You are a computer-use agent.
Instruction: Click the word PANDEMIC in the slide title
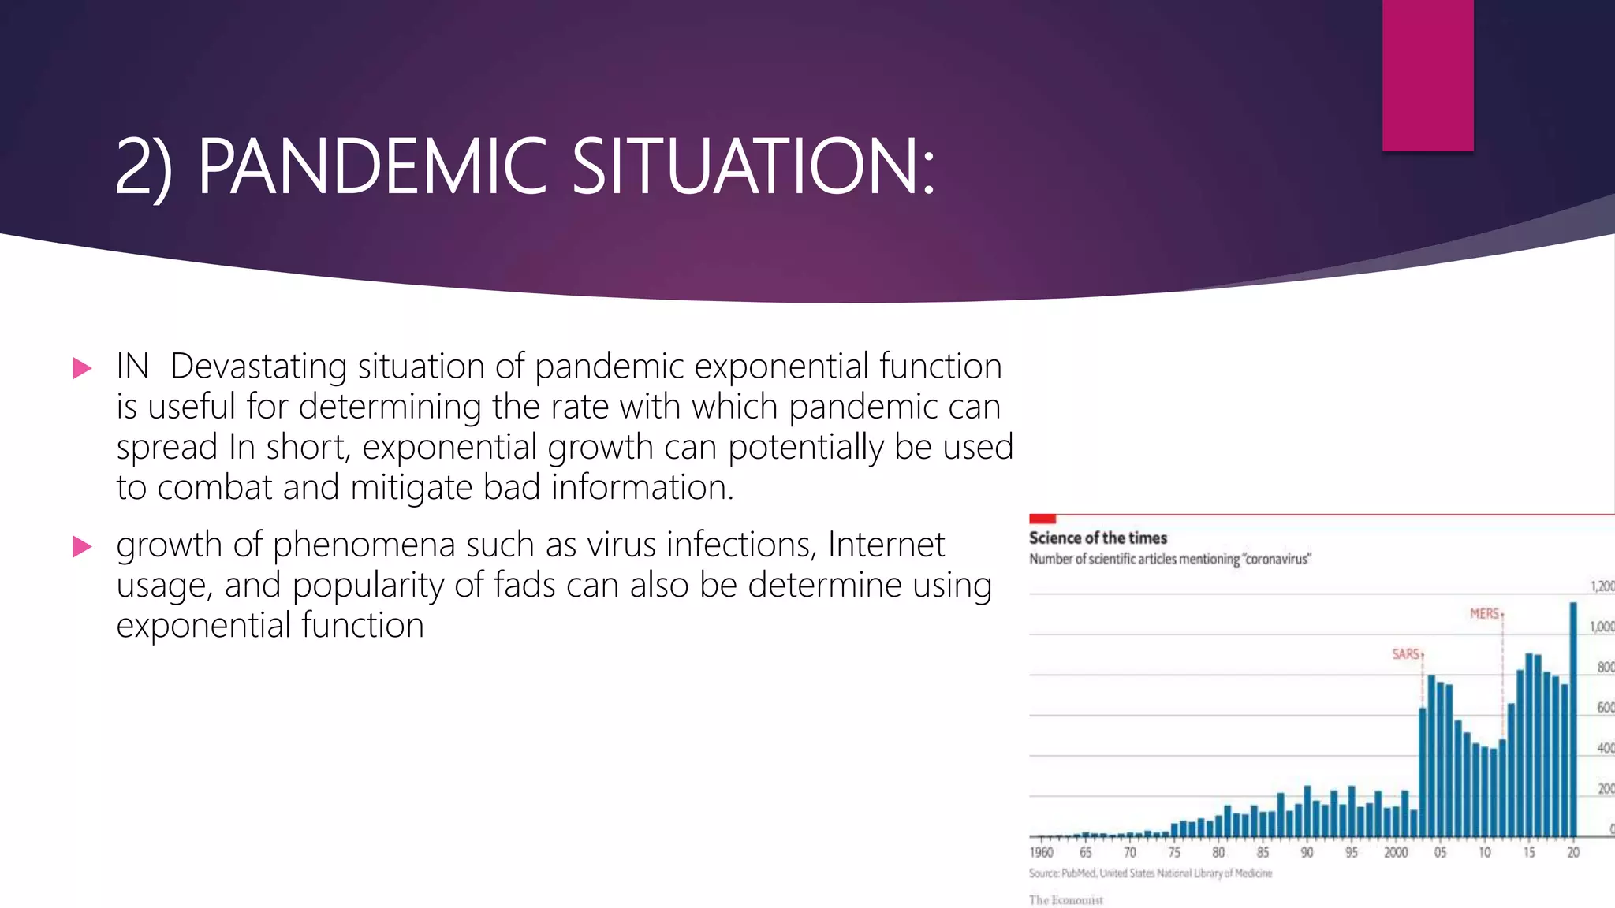tap(372, 166)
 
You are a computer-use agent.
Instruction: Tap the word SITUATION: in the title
tap(752, 166)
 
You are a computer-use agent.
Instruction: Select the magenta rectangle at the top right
tap(1427, 75)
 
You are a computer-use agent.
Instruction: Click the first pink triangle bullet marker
tap(82, 368)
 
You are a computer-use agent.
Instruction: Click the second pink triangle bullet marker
tap(82, 546)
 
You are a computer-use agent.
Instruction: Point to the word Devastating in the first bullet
tap(259, 367)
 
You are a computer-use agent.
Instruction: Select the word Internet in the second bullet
tap(886, 545)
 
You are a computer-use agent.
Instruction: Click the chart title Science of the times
tap(1098, 538)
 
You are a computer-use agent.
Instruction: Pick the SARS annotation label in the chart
tap(1406, 654)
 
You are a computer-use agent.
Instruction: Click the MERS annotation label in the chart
tap(1484, 613)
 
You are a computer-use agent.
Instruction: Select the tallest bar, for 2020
tap(1573, 717)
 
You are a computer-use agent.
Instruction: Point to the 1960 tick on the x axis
tap(1041, 852)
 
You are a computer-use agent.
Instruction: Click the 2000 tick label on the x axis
tap(1396, 852)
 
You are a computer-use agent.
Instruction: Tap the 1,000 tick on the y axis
tap(1602, 627)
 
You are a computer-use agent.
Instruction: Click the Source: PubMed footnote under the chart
tap(1150, 873)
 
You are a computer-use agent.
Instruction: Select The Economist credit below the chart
tap(1065, 900)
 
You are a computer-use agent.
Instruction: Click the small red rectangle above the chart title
tap(1042, 519)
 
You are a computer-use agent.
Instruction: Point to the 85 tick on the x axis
tap(1263, 852)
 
